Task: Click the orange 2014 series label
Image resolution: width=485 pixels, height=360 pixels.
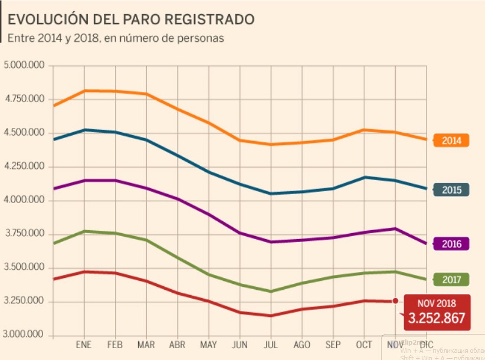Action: pyautogui.click(x=451, y=140)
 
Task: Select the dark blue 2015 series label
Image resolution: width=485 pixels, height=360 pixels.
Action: pyautogui.click(x=451, y=190)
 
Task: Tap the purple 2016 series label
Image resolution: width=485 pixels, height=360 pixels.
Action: pyautogui.click(x=451, y=244)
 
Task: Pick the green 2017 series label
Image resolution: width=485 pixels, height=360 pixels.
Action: pyautogui.click(x=451, y=280)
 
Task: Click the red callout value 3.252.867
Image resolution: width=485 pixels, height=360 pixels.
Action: pyautogui.click(x=437, y=319)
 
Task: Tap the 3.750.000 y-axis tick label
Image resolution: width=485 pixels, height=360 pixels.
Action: pyautogui.click(x=24, y=234)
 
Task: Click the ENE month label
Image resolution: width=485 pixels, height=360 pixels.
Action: pyautogui.click(x=84, y=345)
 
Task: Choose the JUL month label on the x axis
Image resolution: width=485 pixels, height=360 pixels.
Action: pyautogui.click(x=271, y=345)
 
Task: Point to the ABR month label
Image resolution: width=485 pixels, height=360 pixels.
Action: pyautogui.click(x=178, y=345)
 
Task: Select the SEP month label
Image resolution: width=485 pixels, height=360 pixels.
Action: pyautogui.click(x=333, y=345)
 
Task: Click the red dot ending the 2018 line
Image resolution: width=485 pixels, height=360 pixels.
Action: pyautogui.click(x=395, y=302)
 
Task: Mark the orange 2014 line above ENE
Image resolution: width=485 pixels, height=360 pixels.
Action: pyautogui.click(x=84, y=90)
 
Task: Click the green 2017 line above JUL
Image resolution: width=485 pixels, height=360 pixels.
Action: pyautogui.click(x=271, y=291)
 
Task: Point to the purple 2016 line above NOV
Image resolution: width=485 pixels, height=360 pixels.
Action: pyautogui.click(x=395, y=228)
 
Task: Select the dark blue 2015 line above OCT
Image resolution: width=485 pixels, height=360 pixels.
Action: pyautogui.click(x=364, y=177)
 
